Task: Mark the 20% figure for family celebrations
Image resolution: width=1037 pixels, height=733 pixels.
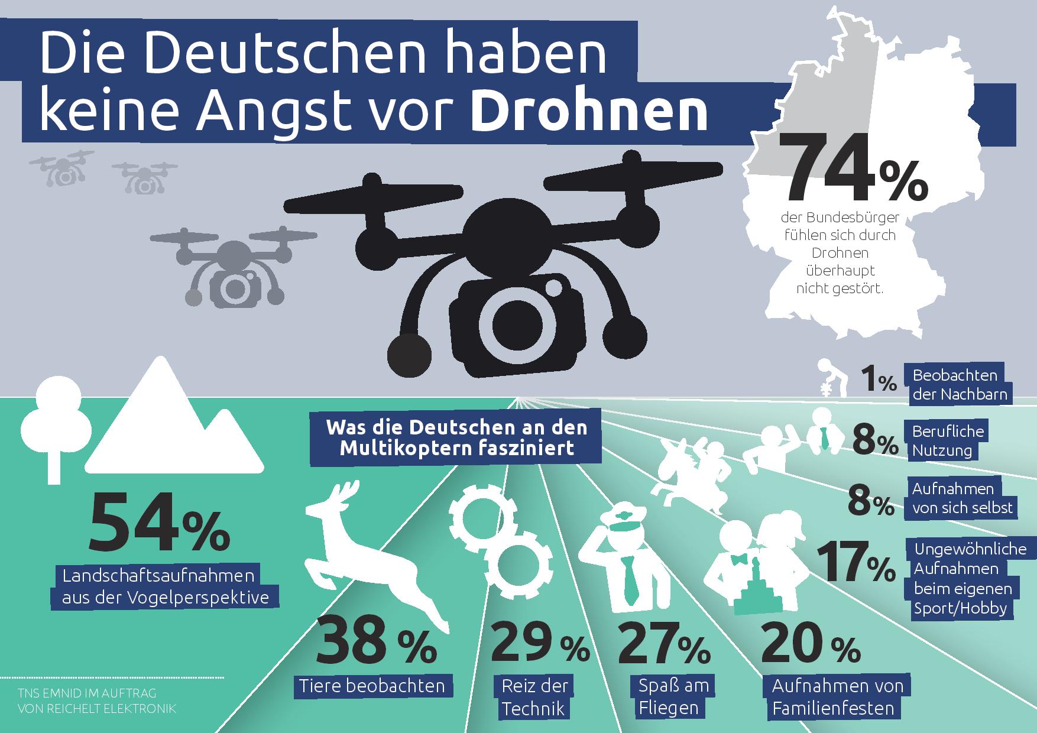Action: [x=810, y=646]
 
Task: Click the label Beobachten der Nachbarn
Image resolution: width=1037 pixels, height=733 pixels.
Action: [x=958, y=385]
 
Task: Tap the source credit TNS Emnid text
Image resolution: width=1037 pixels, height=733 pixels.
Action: [x=97, y=700]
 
